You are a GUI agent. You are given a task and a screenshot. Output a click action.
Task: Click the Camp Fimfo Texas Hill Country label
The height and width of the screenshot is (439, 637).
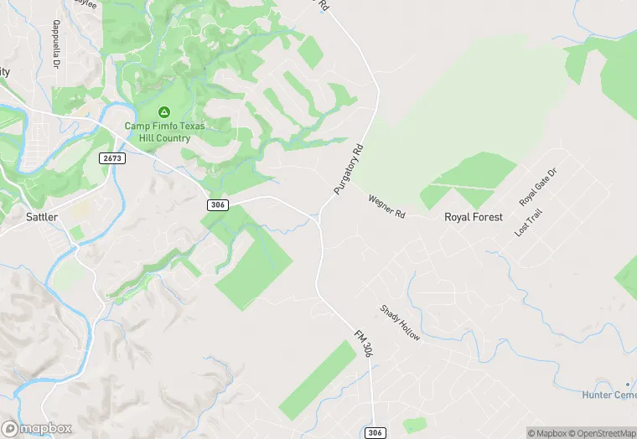(x=164, y=132)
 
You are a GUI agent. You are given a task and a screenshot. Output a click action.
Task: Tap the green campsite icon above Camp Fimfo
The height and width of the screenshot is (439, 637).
(x=164, y=112)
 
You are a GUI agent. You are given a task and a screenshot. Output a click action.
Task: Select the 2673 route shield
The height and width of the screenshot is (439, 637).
(x=114, y=158)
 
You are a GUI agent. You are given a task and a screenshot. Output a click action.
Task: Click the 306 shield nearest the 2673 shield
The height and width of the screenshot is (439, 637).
(x=217, y=204)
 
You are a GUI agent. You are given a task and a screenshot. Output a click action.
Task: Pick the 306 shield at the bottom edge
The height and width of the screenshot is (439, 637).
(x=375, y=432)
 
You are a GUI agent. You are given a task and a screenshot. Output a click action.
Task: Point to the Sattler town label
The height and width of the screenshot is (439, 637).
(x=41, y=217)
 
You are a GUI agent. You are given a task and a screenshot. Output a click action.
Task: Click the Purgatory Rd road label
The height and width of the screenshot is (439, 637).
(x=350, y=170)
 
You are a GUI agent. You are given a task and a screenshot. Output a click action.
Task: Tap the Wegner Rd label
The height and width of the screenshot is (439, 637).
(x=386, y=206)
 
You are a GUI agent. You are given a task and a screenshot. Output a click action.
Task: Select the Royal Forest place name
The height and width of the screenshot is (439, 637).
(x=474, y=217)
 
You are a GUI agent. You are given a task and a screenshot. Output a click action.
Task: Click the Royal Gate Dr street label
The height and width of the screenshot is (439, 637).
(x=538, y=187)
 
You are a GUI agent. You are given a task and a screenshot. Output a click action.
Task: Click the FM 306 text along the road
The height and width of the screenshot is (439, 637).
(x=363, y=344)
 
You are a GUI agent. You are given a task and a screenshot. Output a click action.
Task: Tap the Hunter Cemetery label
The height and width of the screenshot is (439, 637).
(x=609, y=395)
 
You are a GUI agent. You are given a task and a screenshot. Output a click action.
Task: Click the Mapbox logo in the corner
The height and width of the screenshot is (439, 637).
(x=37, y=428)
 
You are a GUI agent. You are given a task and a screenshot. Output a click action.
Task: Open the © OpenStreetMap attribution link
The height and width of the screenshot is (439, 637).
(x=603, y=433)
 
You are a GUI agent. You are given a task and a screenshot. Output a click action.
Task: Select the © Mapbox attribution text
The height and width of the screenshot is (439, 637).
(x=547, y=433)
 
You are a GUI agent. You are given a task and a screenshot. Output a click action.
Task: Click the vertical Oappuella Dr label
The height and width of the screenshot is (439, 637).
(x=56, y=45)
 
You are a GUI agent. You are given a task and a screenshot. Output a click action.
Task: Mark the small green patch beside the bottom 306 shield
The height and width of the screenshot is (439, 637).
(x=413, y=425)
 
